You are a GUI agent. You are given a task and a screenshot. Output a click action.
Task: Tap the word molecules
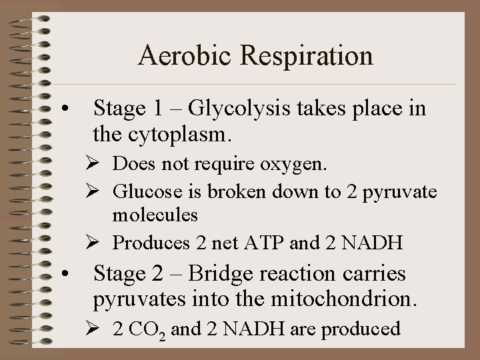point(155,215)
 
